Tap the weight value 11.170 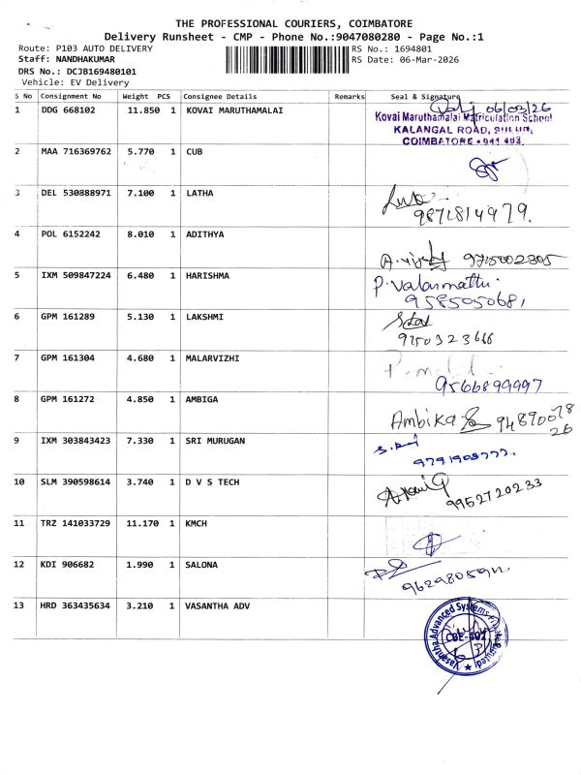142,523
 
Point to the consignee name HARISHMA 207,275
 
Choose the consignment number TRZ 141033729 76,523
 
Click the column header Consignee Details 220,97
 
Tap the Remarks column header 349,97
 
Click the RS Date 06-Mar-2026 419,60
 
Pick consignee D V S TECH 214,481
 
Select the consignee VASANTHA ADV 217,605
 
